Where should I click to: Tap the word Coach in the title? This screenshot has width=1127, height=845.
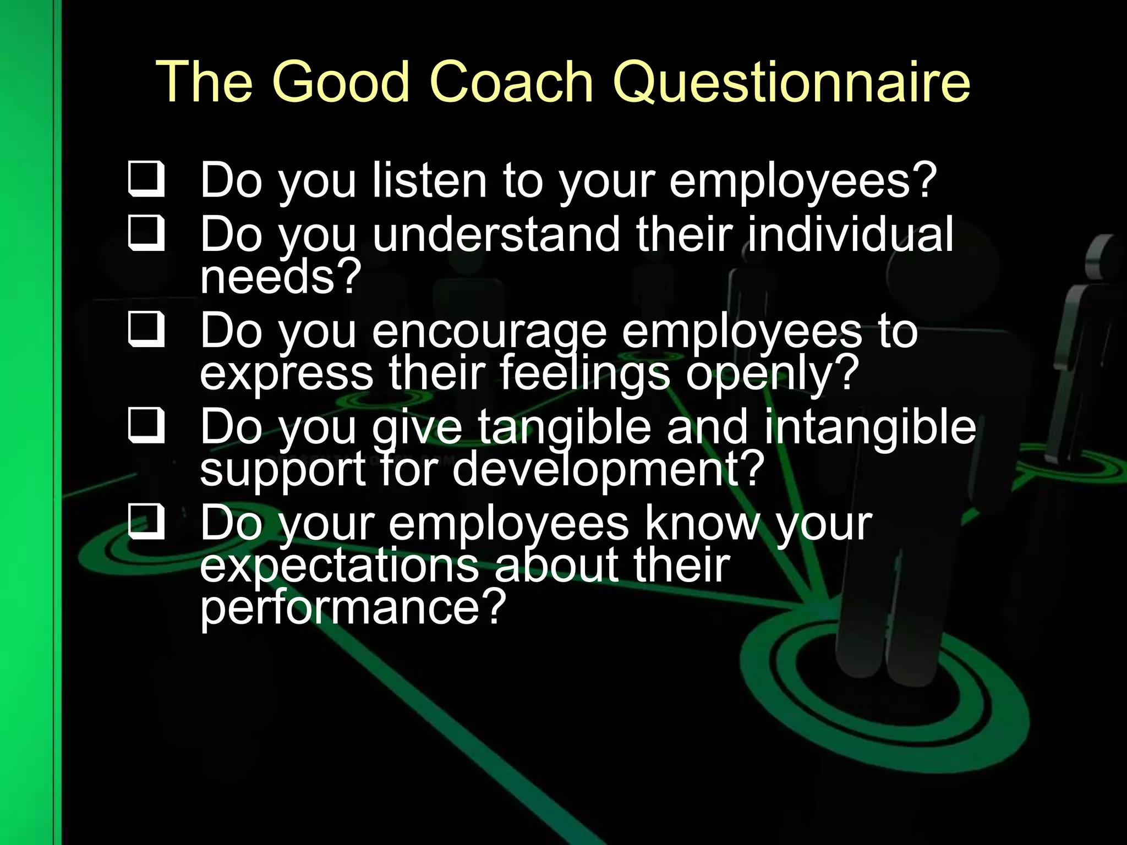[x=511, y=83]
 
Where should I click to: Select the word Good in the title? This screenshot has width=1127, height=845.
[x=341, y=83]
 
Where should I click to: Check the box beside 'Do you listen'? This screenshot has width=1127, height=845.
[x=146, y=179]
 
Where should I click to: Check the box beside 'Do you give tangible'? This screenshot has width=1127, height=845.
[x=146, y=426]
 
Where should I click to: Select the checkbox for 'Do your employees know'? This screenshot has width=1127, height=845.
[x=146, y=522]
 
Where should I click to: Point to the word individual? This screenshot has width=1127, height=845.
[x=850, y=234]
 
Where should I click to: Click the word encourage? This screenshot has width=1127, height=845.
[x=489, y=332]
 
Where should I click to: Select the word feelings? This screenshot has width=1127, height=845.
[x=586, y=374]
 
